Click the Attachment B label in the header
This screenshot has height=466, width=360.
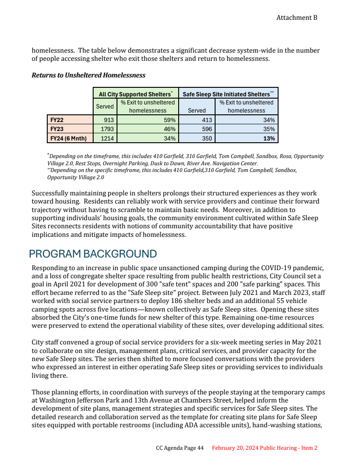297,18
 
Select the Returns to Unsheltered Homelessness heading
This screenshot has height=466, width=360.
88,75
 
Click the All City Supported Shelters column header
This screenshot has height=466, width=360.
135,94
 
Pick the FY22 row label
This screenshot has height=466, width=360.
57,120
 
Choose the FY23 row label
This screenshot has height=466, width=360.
57,129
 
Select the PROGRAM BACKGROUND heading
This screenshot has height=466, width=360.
93,253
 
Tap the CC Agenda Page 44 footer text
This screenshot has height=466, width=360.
180,448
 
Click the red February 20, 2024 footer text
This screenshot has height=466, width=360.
265,448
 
